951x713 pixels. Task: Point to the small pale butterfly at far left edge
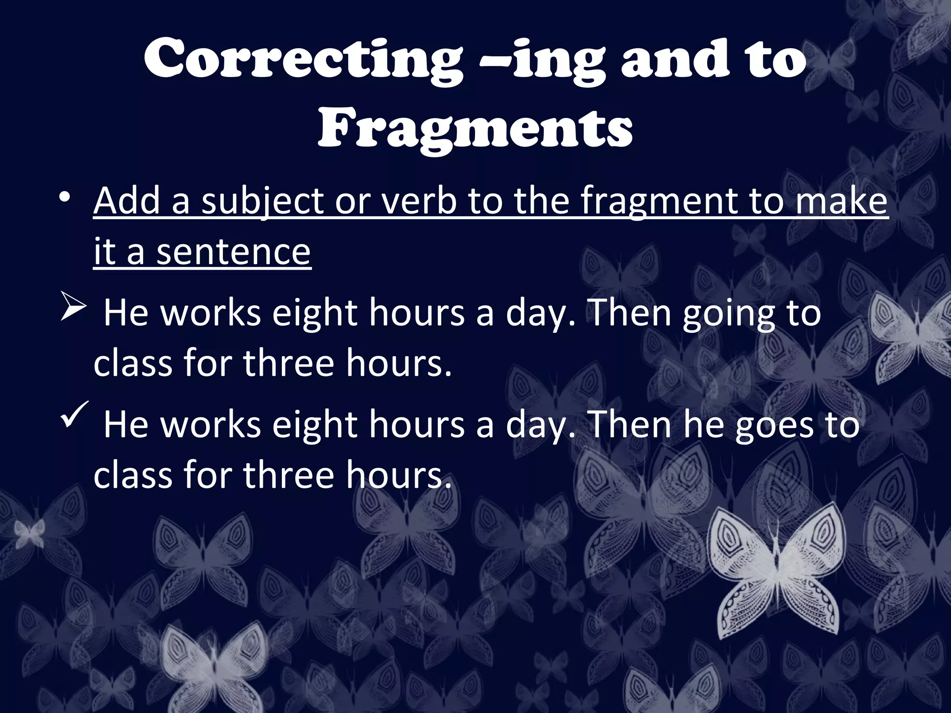tap(29, 534)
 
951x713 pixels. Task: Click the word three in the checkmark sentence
tap(288, 475)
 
